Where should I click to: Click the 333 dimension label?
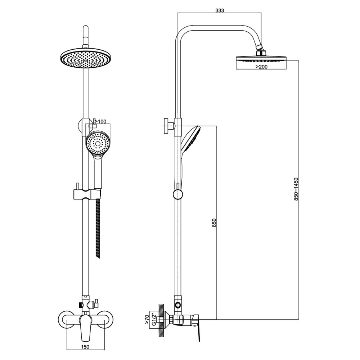coord(220,10)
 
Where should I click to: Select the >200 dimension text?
coord(261,67)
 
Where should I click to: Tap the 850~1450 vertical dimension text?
coord(296,189)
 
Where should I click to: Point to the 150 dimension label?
coord(85,354)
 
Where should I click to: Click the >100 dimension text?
coord(100,121)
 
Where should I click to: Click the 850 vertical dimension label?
coord(214,222)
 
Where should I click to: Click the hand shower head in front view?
coord(98,144)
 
